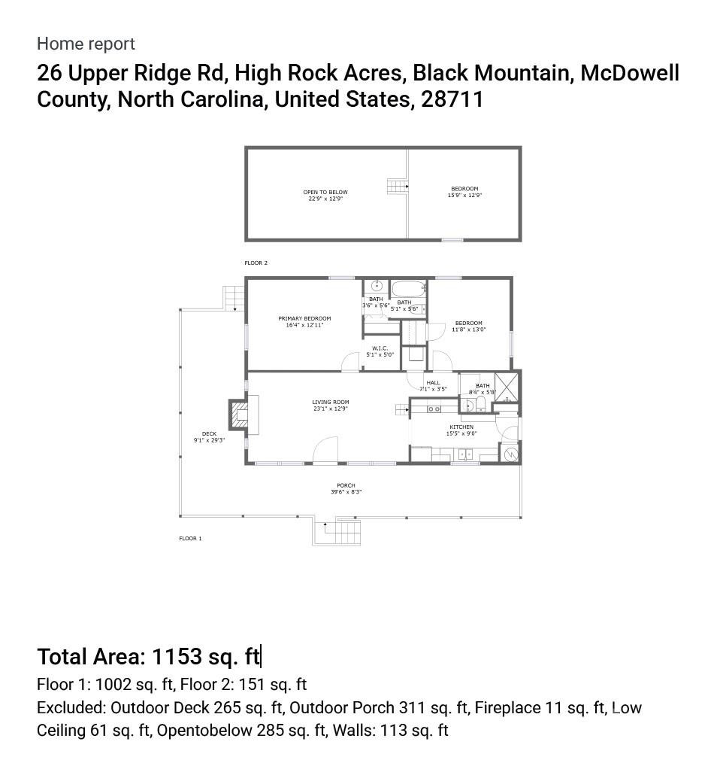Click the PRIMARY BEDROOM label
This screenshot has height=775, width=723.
tap(304, 319)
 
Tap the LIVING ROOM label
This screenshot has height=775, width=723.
tap(331, 403)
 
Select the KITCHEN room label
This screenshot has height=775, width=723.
tap(461, 427)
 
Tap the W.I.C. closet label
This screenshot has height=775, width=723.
tap(380, 348)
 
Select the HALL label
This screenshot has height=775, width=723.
tap(433, 383)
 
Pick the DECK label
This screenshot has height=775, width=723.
tap(209, 434)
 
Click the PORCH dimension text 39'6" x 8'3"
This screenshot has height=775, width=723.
tap(346, 492)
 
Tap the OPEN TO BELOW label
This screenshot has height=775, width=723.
tap(325, 193)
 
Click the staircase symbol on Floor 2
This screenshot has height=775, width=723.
tap(396, 186)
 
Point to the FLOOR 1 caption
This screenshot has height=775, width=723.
tap(190, 539)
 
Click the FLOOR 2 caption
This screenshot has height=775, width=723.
tap(256, 263)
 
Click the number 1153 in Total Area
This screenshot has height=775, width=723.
tap(177, 657)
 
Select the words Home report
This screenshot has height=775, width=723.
tap(86, 44)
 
